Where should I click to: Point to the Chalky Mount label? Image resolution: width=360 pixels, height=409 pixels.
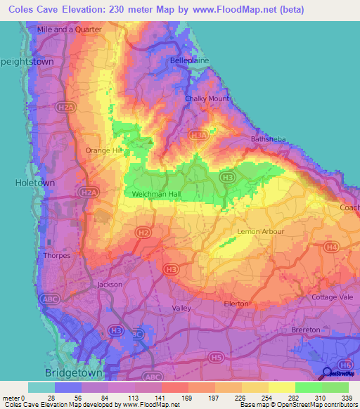pos(207,99)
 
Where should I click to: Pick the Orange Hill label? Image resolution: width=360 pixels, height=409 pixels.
pos(104,150)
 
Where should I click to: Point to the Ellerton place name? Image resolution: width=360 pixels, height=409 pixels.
pos(236,304)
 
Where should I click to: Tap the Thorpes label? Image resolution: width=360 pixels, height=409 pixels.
pos(57,256)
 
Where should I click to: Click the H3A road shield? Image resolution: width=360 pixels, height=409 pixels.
pos(199,136)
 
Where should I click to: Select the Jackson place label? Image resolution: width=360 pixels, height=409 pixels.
pos(109,285)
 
